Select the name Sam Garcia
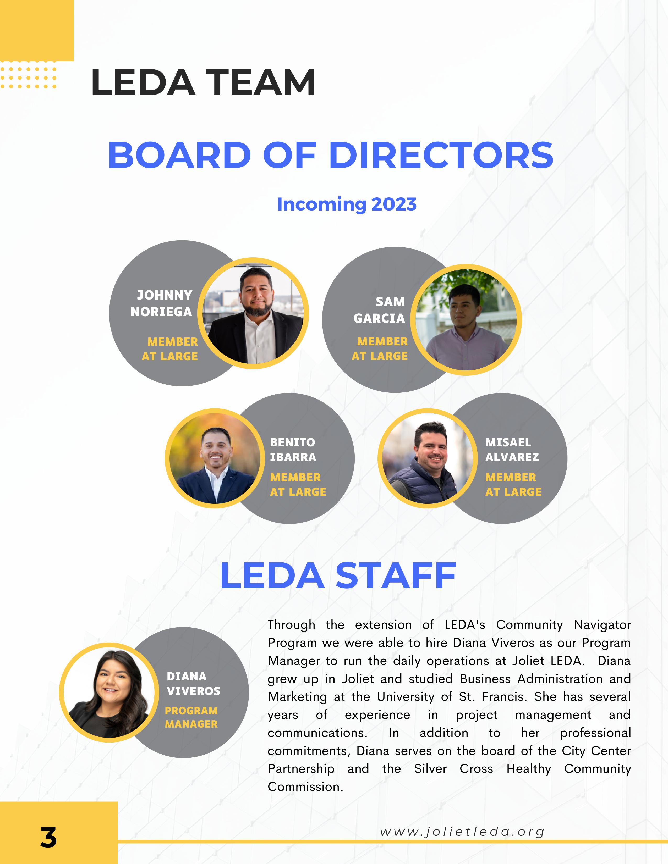[380, 310]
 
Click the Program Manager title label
[191, 717]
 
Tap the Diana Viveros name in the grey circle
[193, 684]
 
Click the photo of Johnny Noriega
[253, 313]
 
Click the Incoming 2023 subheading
[347, 204]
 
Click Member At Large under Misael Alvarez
[513, 485]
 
